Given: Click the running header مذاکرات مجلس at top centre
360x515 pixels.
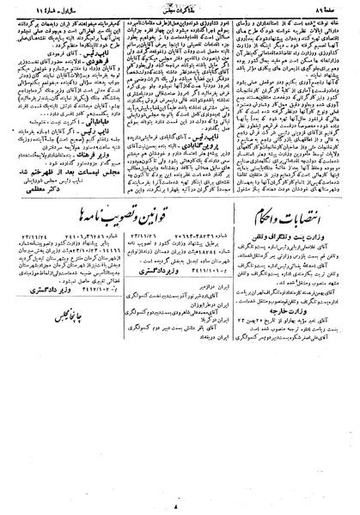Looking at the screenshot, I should (x=179, y=10).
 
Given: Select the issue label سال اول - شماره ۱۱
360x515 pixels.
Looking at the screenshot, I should (x=41, y=10).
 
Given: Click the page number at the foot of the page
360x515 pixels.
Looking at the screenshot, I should (x=179, y=506).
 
